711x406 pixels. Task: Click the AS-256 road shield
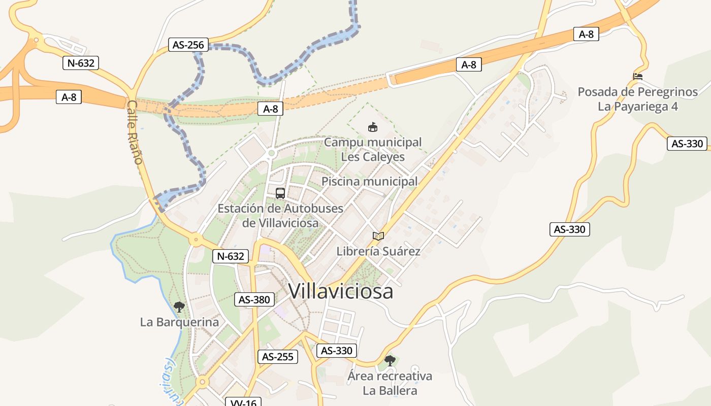(188, 45)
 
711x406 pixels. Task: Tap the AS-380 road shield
(254, 299)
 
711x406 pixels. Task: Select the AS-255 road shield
(277, 357)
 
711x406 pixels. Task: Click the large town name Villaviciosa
(341, 291)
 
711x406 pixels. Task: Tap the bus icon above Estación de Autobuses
(280, 193)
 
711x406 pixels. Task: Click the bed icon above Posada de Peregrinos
(638, 77)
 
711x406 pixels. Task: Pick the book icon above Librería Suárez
(378, 236)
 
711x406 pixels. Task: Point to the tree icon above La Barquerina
(179, 307)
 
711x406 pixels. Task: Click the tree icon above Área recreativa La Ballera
(390, 361)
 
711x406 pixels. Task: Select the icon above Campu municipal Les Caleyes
(373, 127)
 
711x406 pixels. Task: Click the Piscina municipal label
(370, 181)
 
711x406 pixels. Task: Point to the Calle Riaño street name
(134, 132)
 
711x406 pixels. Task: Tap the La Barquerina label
(179, 322)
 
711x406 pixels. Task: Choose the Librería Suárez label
(378, 251)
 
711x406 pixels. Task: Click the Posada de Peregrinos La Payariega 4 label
(638, 99)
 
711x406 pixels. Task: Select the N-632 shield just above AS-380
(231, 256)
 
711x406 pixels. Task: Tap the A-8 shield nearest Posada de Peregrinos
(586, 34)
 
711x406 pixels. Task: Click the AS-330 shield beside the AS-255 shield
(336, 350)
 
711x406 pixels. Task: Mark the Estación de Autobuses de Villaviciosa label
(280, 216)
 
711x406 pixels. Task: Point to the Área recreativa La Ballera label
(390, 383)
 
